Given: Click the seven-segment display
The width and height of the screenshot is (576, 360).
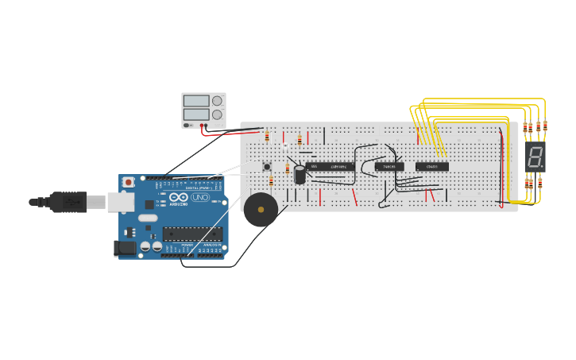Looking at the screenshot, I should [x=535, y=157].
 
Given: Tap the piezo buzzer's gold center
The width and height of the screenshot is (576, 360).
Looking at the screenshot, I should [x=261, y=210].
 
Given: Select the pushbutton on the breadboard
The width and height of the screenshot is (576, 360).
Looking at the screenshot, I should [x=267, y=167].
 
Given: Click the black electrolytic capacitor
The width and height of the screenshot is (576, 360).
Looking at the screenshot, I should [x=300, y=175].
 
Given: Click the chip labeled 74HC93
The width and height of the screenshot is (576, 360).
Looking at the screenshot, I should [x=389, y=167].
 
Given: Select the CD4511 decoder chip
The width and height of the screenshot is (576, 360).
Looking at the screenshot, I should [x=432, y=167].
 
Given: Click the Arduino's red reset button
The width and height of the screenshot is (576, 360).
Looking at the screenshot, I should [x=129, y=182].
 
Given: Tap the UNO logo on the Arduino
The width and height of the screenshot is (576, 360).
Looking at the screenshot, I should [x=199, y=197].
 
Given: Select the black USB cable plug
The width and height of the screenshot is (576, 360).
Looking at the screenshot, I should [x=68, y=203].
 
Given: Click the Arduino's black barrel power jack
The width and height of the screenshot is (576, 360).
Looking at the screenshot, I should [x=125, y=248].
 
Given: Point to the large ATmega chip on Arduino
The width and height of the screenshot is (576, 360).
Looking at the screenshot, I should [x=192, y=234].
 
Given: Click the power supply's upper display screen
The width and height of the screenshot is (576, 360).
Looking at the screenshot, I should [x=196, y=101].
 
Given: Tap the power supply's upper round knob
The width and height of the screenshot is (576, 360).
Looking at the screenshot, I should [x=217, y=101].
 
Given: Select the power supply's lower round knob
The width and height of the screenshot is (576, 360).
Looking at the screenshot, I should [x=217, y=114].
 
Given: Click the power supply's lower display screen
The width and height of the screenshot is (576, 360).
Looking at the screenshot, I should [x=196, y=114].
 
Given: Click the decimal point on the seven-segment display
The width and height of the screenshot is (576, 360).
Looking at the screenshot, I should [x=543, y=165].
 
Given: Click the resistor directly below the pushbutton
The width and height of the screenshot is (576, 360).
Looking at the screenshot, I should [x=271, y=181].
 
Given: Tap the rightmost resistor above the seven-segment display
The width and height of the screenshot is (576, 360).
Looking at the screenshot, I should [x=545, y=126].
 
